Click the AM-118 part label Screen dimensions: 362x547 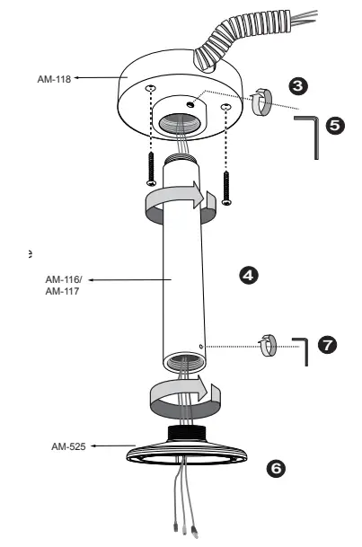point(54,79)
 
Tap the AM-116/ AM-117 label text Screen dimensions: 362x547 point(64,286)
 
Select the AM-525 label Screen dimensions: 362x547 point(68,446)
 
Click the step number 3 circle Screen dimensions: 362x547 point(298,86)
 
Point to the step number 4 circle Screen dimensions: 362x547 point(249,276)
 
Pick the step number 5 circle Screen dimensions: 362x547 point(335,125)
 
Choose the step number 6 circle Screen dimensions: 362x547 point(276,468)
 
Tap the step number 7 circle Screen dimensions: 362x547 point(328,345)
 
